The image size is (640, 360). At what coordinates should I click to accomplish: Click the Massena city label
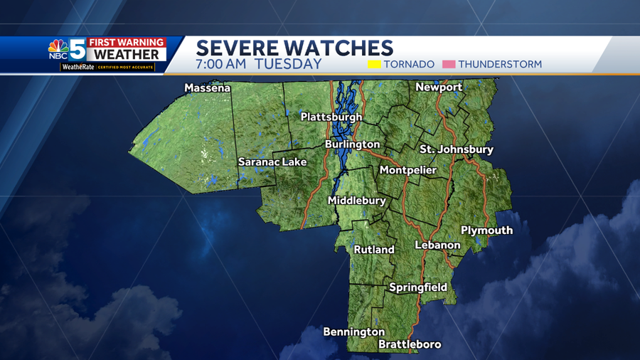(207, 88)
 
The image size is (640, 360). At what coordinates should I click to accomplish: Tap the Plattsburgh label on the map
(331, 117)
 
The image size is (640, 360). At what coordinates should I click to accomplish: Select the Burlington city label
(352, 144)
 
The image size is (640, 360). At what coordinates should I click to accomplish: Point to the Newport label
(439, 87)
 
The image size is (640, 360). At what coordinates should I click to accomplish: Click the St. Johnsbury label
(457, 149)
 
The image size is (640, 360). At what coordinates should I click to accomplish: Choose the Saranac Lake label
(272, 162)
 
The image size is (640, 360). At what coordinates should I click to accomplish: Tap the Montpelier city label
(408, 170)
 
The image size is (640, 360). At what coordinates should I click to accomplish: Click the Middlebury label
(356, 201)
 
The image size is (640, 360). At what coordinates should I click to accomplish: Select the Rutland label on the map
(374, 250)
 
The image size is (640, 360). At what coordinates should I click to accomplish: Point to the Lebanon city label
(437, 245)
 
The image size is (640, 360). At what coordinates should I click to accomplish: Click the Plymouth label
(486, 231)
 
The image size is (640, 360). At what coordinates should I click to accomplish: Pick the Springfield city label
(418, 287)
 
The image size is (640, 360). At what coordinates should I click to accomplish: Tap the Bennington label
(353, 332)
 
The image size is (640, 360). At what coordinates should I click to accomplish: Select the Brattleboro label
(410, 344)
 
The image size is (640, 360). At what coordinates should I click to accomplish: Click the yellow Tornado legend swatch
(374, 64)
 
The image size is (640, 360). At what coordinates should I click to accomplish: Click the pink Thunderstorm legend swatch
(449, 64)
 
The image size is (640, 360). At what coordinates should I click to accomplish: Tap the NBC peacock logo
(58, 49)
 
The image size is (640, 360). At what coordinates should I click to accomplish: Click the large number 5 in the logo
(77, 49)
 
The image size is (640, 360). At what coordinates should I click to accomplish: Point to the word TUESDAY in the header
(288, 64)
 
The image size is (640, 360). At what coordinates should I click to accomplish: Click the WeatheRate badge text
(78, 67)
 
